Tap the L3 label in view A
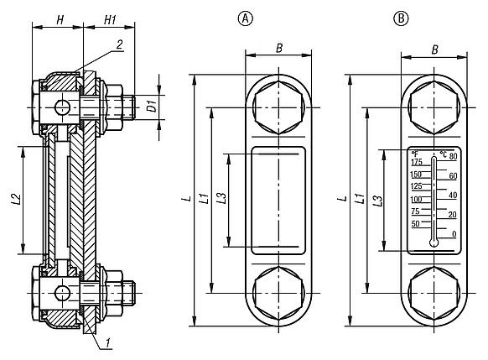click(221, 199)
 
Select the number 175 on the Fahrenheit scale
click(417, 161)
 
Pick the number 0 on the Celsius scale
click(453, 233)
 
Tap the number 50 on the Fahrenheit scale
click(416, 224)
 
